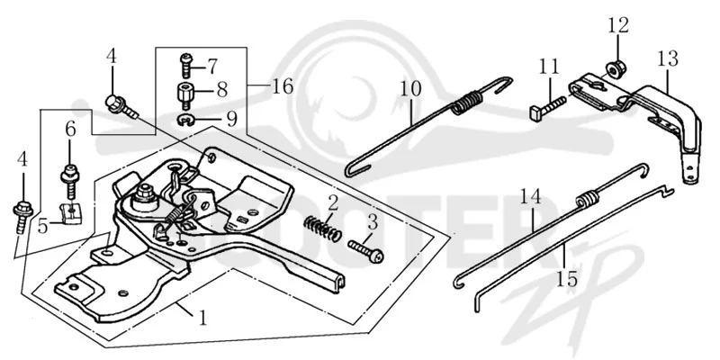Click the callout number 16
283,85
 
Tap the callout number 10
410,88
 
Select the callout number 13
667,58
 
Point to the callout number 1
203,318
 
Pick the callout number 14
530,197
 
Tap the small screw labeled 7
185,65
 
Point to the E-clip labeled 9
186,120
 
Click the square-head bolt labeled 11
548,106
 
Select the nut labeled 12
614,68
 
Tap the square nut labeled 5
72,212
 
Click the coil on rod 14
588,197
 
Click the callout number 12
618,25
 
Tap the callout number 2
333,202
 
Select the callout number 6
70,130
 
